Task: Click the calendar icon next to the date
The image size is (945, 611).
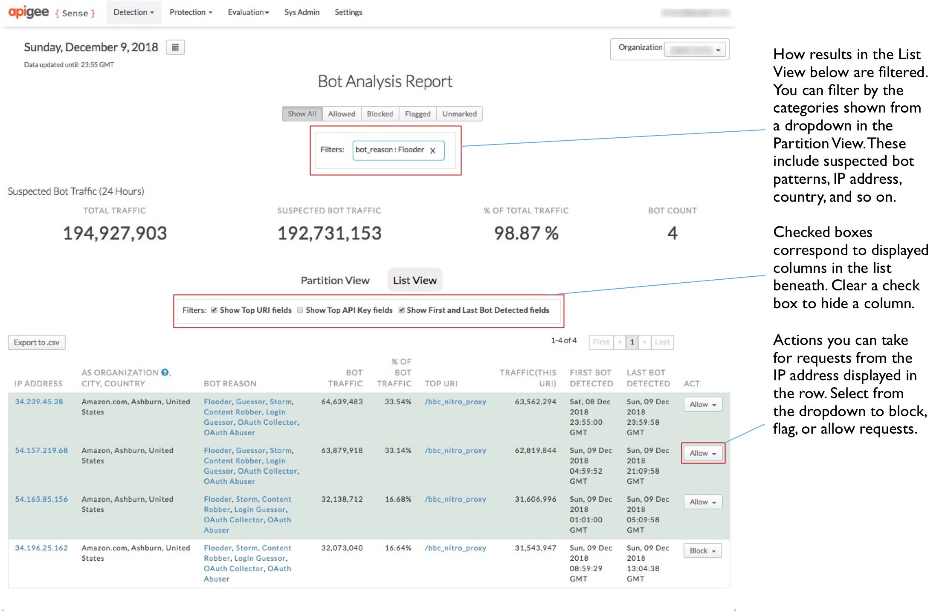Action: tap(175, 47)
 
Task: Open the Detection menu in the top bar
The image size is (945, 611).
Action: tap(133, 12)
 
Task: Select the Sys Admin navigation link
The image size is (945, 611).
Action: tap(301, 12)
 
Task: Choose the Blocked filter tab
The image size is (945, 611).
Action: tap(380, 114)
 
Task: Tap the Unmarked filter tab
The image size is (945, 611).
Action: tap(459, 114)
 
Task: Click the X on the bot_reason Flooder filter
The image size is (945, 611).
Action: tap(432, 151)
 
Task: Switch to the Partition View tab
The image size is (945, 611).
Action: tap(335, 280)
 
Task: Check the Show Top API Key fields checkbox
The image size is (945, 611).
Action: tap(300, 310)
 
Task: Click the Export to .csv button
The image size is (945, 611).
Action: tap(36, 342)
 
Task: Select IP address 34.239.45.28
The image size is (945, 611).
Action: tap(39, 402)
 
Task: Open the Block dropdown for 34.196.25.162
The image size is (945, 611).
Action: tap(702, 550)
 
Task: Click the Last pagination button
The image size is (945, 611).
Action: tap(662, 342)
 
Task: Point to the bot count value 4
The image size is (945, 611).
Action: tap(672, 233)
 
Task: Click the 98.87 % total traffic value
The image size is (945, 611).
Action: tap(526, 233)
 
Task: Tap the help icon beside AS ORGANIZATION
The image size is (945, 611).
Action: tap(165, 372)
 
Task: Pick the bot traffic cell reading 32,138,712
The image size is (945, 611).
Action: tap(342, 499)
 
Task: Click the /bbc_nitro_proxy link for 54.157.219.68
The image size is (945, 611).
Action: tap(455, 450)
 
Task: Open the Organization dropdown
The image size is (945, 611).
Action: tap(696, 50)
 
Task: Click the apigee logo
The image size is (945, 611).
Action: tap(29, 12)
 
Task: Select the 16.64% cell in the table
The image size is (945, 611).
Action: tap(397, 548)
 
